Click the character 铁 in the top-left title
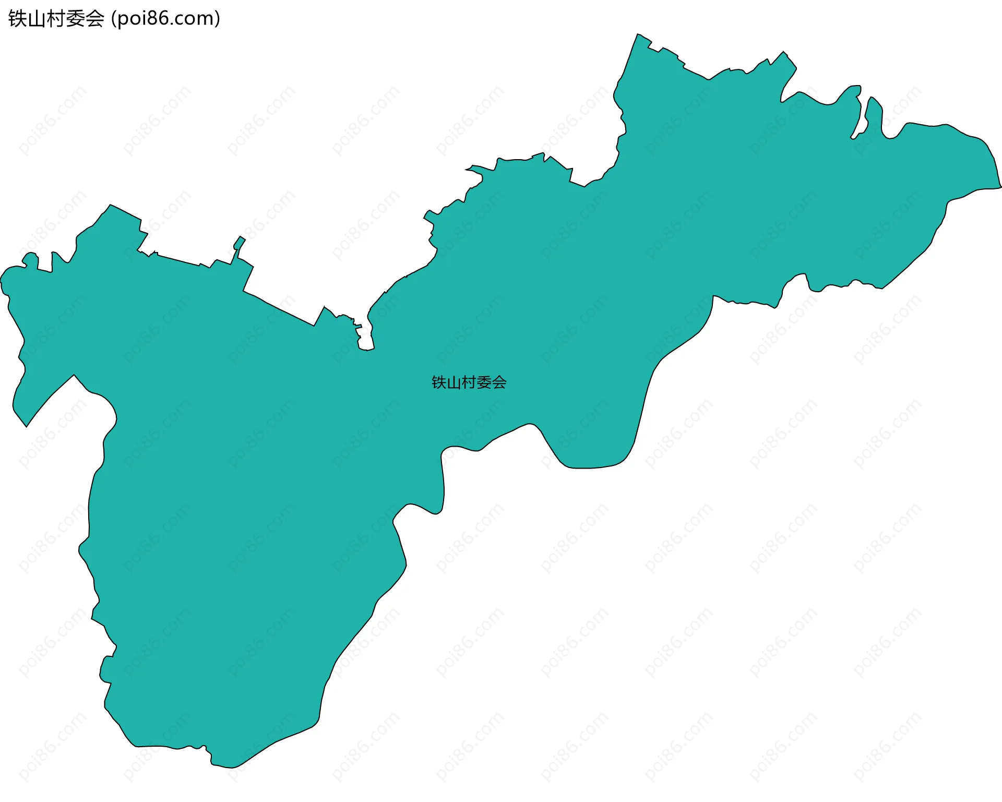17,19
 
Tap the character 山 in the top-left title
37,19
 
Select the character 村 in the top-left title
56,19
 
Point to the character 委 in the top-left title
76,19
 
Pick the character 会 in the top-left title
95,19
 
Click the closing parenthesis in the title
218,19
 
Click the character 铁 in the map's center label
439,382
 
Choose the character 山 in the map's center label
454,382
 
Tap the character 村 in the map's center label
469,382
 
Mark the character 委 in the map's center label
484,382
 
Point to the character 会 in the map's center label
499,382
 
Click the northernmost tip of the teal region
637,35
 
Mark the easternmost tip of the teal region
1000,186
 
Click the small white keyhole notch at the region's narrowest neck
366,342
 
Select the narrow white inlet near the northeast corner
863,117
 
